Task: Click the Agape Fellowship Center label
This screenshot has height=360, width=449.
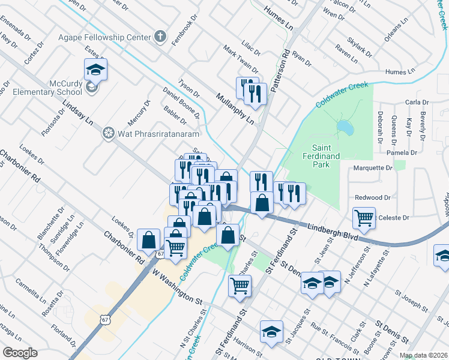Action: click(x=104, y=37)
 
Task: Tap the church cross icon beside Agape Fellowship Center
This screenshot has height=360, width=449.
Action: click(x=160, y=37)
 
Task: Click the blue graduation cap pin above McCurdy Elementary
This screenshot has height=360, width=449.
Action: click(x=95, y=71)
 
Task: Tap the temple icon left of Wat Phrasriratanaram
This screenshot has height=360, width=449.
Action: click(x=109, y=132)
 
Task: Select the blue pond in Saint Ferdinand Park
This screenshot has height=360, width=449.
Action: click(x=345, y=127)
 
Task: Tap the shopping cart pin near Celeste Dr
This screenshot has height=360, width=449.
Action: click(x=364, y=219)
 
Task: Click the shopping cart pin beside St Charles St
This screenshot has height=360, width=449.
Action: click(x=240, y=287)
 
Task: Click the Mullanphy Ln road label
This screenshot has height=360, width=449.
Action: click(x=235, y=107)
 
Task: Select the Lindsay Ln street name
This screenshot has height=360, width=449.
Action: click(x=77, y=110)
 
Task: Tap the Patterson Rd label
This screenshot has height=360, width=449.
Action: click(x=280, y=70)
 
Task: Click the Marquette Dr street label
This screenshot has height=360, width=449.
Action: click(x=372, y=168)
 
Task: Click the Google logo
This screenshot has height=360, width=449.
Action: click(x=20, y=353)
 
